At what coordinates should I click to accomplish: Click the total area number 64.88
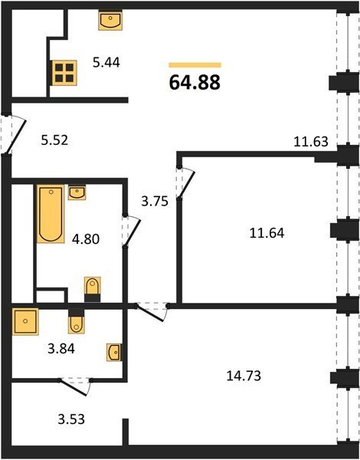coord(195,82)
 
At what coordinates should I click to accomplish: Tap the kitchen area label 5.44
coord(106,63)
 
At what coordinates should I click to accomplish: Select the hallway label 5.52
coord(54,140)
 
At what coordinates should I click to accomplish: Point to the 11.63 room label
coord(311,142)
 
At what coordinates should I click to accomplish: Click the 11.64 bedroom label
coord(267,233)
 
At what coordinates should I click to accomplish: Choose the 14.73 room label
coord(244,376)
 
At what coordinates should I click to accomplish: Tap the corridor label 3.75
coord(155,202)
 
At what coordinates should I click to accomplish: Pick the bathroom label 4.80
coord(86,239)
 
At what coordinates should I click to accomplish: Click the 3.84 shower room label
coord(61,349)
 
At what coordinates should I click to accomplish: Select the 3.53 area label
coord(71,419)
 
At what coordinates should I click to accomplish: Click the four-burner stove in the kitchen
coord(64,73)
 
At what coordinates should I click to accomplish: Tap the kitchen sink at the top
coord(110,20)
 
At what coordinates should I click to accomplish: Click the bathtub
coord(51,214)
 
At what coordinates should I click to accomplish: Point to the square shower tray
coord(25,321)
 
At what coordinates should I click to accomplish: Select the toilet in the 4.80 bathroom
coord(93,289)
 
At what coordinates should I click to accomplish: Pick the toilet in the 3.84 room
coord(77,322)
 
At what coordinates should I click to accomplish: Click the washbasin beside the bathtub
coord(77,192)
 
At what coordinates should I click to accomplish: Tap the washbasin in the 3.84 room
coord(114,352)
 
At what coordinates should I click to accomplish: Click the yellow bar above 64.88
coord(195,65)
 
